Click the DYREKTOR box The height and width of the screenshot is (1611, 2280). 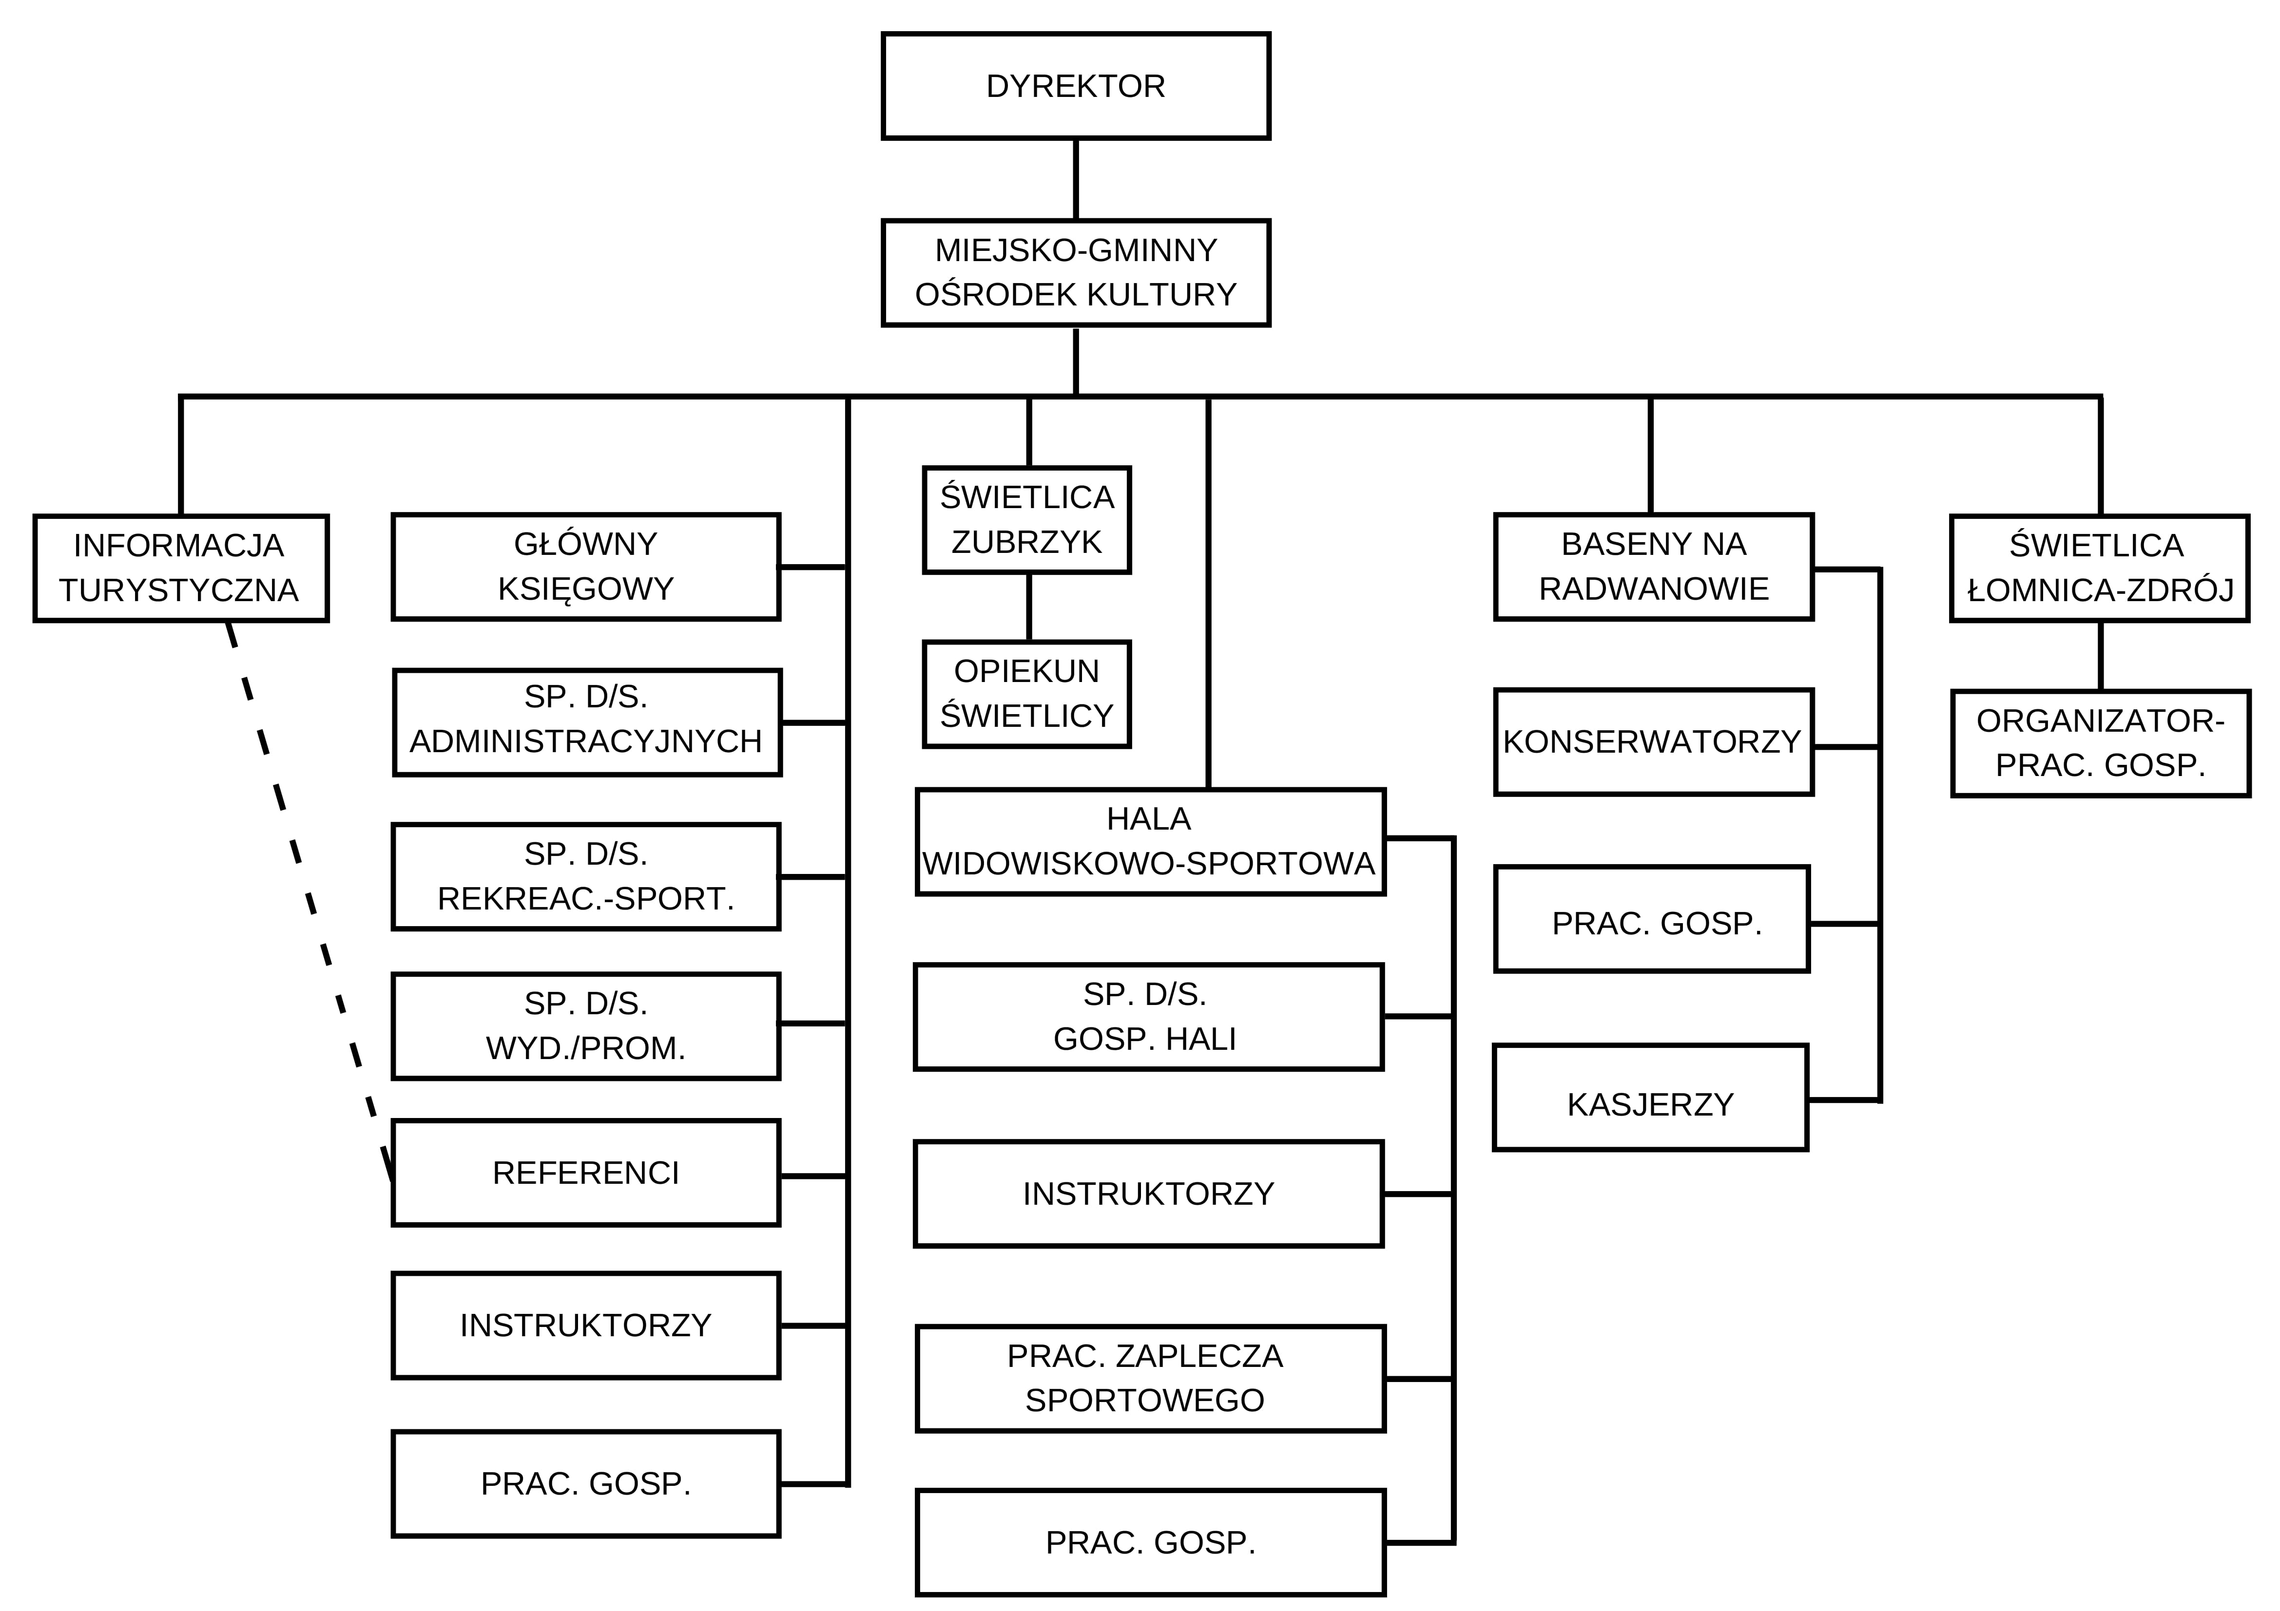(x=1076, y=86)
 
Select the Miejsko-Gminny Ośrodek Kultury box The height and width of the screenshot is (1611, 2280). (x=1076, y=273)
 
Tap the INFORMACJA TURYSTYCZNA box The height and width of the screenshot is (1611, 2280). (x=181, y=568)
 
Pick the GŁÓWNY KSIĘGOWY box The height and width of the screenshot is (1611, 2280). (x=586, y=567)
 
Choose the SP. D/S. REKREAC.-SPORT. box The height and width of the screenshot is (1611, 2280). (x=586, y=876)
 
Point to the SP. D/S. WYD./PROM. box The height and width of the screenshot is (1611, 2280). (x=586, y=1025)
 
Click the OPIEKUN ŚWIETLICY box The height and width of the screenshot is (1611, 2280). (x=1027, y=694)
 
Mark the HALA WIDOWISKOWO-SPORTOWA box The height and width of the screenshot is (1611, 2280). (x=1150, y=842)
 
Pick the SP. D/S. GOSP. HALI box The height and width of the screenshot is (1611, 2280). (x=1148, y=1016)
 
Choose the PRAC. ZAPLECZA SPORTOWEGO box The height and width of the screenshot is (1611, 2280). (x=1150, y=1378)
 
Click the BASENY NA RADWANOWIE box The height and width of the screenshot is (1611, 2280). (x=1653, y=567)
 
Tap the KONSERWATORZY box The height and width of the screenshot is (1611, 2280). (x=1653, y=741)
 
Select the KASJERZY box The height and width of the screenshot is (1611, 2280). (x=1650, y=1097)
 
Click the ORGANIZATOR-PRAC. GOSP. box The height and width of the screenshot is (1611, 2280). (x=2100, y=742)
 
